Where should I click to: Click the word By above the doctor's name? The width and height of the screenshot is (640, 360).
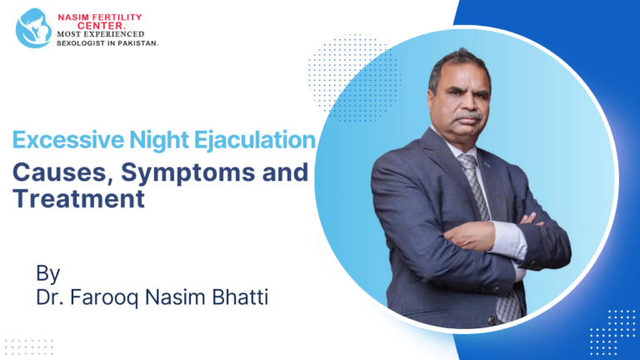(47, 272)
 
